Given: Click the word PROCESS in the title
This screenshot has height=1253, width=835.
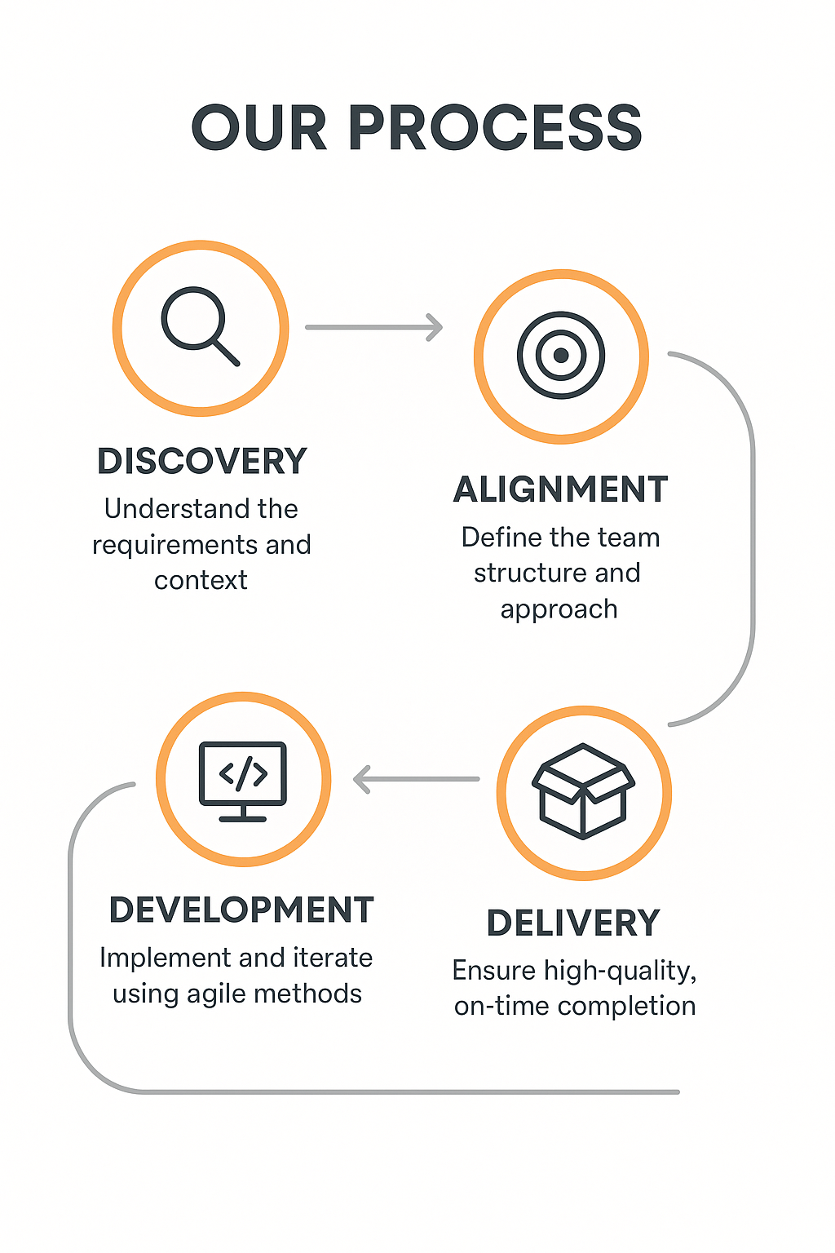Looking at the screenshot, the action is tap(496, 127).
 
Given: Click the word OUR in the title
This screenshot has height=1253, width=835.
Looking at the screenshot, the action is tap(259, 127).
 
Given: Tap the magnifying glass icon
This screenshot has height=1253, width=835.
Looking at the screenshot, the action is tap(201, 326).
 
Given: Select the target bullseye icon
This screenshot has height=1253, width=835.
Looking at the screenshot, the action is tap(561, 355).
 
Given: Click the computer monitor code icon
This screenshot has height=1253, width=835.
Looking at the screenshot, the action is tap(243, 781).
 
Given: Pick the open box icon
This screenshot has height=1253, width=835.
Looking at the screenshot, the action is tap(583, 791).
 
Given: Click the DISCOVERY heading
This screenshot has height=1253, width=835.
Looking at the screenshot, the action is tap(202, 461).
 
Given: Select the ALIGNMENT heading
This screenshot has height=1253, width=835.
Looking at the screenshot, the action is tap(560, 489).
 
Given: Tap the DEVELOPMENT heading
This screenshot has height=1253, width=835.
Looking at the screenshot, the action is tap(241, 910).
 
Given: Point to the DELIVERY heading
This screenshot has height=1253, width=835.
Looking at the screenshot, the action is tap(573, 923).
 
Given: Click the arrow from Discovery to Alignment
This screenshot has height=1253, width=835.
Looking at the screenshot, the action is tap(373, 327).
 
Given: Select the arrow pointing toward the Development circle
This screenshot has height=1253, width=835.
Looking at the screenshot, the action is tap(416, 779).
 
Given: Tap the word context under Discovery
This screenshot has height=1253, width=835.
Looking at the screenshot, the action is tap(201, 581).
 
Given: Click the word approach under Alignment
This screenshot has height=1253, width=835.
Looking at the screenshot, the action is tap(559, 610).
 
